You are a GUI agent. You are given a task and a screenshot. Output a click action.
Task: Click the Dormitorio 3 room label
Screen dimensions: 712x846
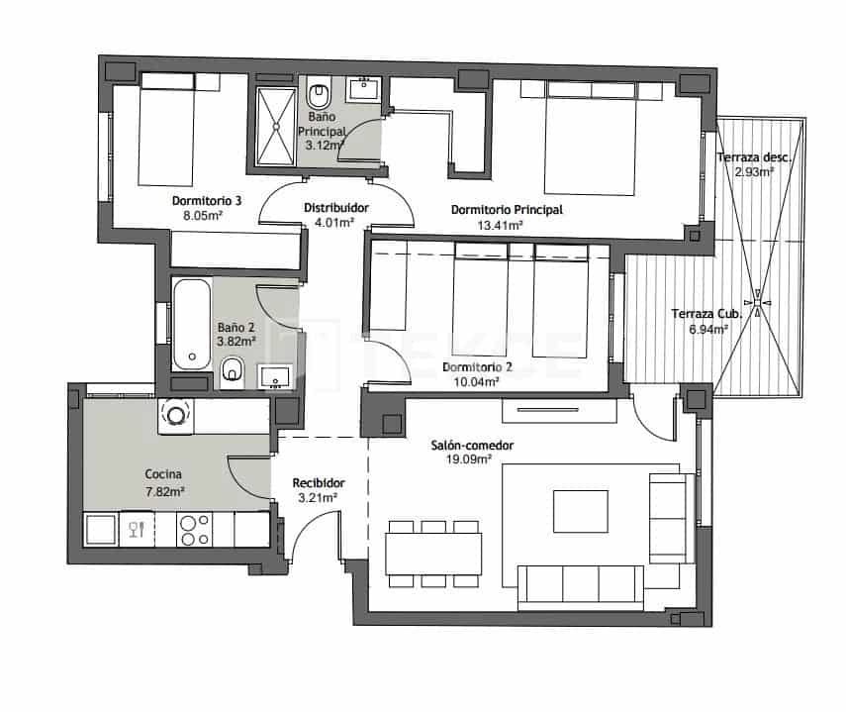tap(186, 198)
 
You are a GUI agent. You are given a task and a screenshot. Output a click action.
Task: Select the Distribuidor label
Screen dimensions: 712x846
tap(335, 208)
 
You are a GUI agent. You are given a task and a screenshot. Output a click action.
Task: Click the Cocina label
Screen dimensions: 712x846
tap(164, 474)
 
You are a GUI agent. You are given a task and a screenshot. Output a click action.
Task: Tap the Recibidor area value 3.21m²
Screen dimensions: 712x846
tap(318, 498)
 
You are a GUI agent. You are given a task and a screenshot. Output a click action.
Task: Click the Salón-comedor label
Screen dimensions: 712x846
tap(472, 446)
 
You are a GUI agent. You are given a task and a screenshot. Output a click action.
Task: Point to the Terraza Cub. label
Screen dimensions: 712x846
tap(705, 314)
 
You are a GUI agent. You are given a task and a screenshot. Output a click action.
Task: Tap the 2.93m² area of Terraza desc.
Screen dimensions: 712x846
tap(753, 171)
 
